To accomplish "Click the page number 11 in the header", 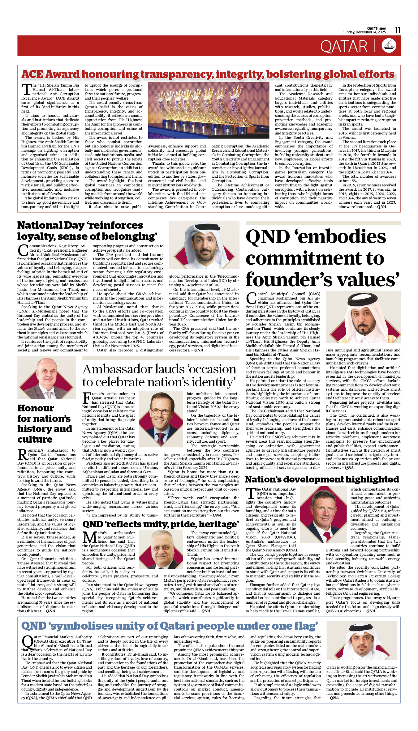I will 397,30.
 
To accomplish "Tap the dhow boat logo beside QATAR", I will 389,46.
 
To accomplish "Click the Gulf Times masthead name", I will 377,28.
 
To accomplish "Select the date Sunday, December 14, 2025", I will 364,32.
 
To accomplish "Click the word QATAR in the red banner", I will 344,47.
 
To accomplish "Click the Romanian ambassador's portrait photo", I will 46,378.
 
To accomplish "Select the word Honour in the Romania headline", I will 36,408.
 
